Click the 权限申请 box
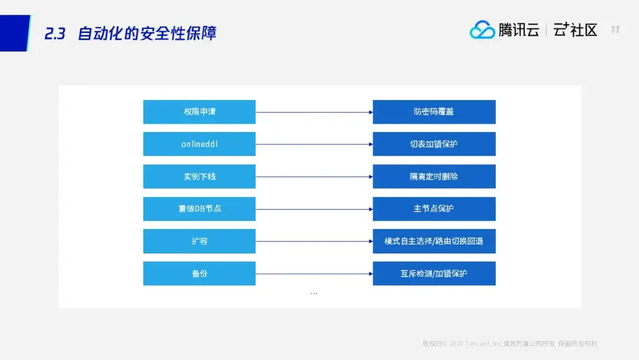coord(199,112)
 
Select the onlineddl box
coord(199,144)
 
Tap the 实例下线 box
coord(199,176)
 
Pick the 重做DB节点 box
coord(199,209)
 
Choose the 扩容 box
coord(199,242)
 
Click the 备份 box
coord(199,274)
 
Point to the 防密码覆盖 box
coord(434,112)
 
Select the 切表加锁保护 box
coord(434,144)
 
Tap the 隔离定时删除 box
coord(434,176)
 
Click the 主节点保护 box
coord(434,209)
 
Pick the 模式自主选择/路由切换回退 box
coord(434,242)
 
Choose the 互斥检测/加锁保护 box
coord(434,274)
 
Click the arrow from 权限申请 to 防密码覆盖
coord(314,112)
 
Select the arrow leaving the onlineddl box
coord(314,144)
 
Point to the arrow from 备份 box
coord(314,274)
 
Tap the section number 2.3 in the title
coord(54,33)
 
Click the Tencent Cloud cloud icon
coord(482,30)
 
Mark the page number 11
coord(615,30)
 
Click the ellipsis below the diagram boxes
coord(314,294)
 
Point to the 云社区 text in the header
coord(575,30)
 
